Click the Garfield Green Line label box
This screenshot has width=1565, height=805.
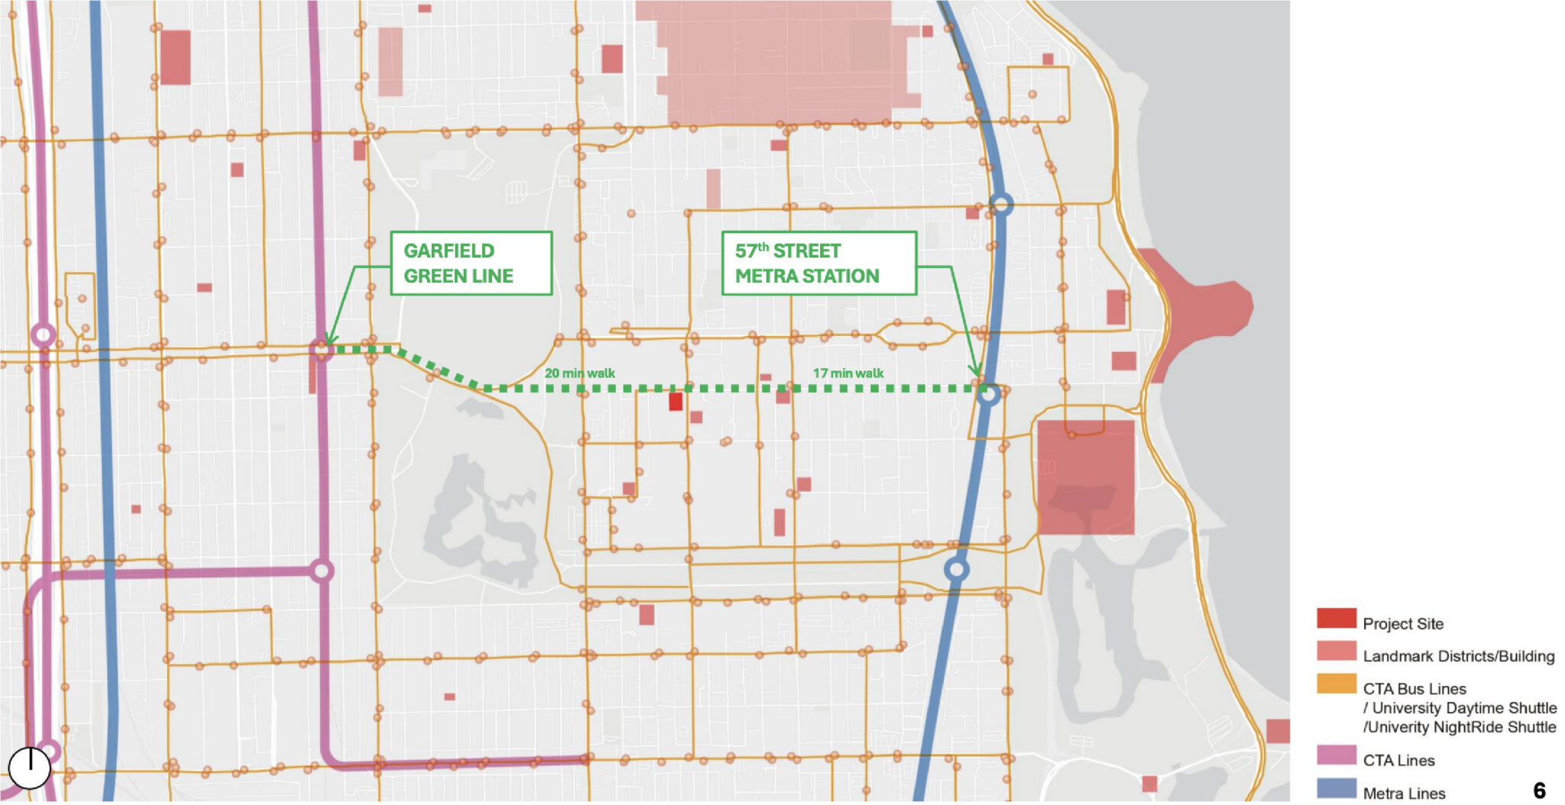(471, 263)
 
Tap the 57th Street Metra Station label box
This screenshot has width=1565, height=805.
(818, 263)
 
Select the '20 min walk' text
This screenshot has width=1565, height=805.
(579, 373)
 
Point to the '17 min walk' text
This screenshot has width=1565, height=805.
(847, 373)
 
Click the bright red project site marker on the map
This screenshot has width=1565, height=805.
(676, 401)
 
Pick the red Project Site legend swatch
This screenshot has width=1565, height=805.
(1336, 619)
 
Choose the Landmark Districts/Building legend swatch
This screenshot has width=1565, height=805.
(1336, 651)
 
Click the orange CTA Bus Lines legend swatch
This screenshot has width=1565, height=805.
(1336, 684)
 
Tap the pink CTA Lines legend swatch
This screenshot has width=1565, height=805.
(1336, 755)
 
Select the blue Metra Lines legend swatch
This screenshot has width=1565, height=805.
(1336, 788)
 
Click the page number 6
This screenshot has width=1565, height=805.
(1539, 790)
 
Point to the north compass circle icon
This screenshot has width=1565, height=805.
(29, 767)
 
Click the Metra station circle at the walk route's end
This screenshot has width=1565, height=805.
(989, 395)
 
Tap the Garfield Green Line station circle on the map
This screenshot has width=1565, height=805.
(322, 351)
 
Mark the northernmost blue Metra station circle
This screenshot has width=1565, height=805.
(1001, 204)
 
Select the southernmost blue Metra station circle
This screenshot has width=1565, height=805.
(956, 570)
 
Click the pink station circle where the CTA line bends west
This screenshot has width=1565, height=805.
(322, 571)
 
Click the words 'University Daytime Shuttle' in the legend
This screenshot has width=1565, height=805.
(1464, 708)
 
